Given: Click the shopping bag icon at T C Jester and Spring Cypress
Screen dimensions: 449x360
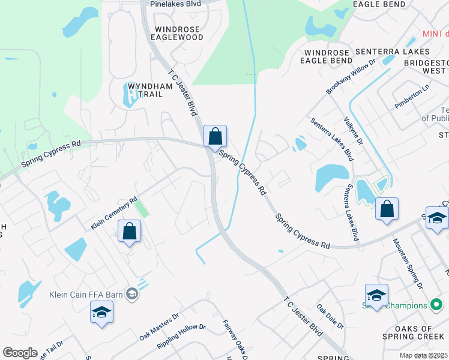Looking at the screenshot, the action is pos(215,136).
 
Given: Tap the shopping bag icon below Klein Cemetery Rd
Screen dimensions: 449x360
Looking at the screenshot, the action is pos(130,232).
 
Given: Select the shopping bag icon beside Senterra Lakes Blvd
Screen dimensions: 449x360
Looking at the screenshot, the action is pos(387,210).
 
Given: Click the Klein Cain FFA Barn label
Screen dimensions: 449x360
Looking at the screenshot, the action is pos(86,294).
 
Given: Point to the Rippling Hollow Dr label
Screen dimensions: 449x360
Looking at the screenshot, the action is pos(181,337).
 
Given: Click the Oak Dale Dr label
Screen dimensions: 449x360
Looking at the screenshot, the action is pos(330,317).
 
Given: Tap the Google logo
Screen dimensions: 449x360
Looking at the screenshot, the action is pos(20,353).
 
